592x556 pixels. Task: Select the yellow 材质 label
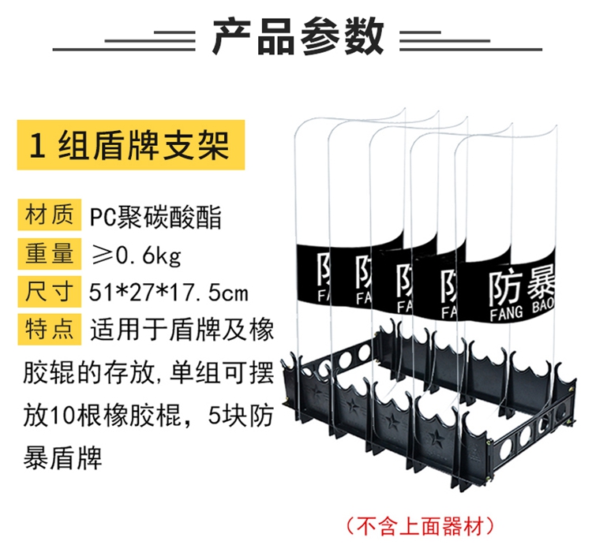tap(49, 215)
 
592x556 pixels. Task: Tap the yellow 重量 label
tap(49, 254)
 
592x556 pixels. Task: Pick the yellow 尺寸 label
tap(49, 293)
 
